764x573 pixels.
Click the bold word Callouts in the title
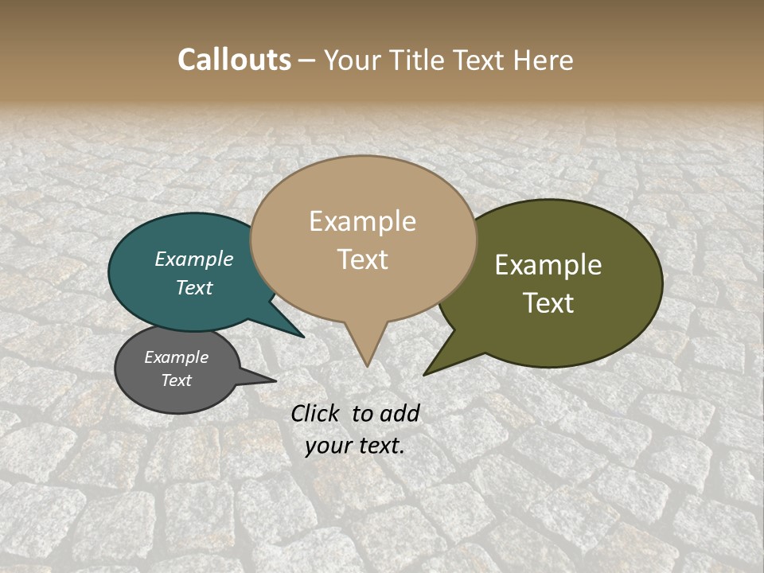234,60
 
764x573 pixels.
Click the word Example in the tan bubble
362,221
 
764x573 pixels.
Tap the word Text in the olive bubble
548,303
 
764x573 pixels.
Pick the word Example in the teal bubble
194,259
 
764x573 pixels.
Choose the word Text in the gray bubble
177,380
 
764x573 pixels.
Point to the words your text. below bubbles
355,446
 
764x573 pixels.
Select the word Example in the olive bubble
548,265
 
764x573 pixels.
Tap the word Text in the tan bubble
363,259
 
